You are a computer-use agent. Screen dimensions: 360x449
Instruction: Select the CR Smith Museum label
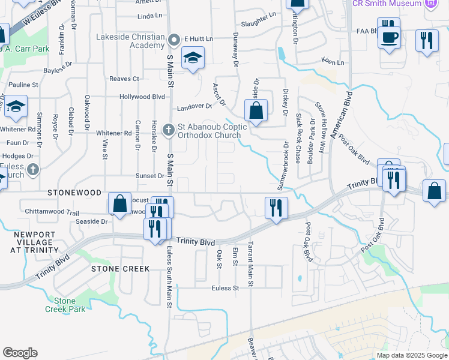[387, 4]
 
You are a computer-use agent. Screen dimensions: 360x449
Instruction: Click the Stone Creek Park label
[65, 305]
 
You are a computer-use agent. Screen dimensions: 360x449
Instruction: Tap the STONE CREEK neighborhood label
[120, 269]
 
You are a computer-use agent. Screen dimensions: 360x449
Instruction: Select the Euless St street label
[225, 288]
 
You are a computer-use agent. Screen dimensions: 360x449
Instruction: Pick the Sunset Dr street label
[152, 176]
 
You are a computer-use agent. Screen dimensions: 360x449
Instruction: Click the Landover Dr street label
[195, 107]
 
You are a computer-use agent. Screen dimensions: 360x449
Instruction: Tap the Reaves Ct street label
[124, 79]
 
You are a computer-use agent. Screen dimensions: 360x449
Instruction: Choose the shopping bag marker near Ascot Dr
[256, 111]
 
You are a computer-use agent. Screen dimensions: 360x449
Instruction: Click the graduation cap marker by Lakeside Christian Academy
[192, 59]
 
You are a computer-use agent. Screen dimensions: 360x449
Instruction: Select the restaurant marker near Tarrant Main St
[276, 208]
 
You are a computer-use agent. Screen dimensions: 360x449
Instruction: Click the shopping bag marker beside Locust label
[120, 203]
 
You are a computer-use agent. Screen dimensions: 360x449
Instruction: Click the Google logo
[20, 353]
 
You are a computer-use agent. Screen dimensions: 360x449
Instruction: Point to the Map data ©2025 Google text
[411, 355]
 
